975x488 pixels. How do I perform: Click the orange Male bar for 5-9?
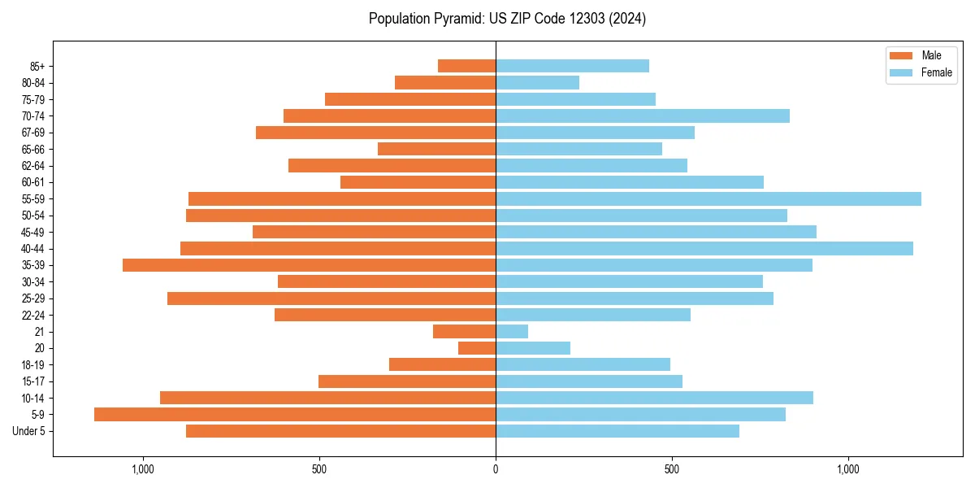(x=295, y=414)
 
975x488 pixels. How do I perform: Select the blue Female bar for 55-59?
(x=708, y=198)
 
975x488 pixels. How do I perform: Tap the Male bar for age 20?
(x=477, y=348)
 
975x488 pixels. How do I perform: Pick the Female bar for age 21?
(x=512, y=331)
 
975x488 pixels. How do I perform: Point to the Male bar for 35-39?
(x=309, y=265)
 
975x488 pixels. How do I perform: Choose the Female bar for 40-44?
(x=704, y=248)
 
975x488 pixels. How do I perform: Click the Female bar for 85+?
(x=572, y=66)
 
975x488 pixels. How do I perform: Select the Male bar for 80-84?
(x=445, y=82)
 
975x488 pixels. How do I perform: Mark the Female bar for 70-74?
(x=642, y=115)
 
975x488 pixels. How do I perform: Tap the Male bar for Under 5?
(x=340, y=431)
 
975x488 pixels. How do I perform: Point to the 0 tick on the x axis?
(x=496, y=469)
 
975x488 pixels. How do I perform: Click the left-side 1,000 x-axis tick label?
(x=143, y=469)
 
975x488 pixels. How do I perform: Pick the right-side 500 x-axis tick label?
(x=671, y=469)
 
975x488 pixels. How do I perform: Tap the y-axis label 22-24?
(x=33, y=315)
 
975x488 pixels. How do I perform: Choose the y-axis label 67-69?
(x=33, y=133)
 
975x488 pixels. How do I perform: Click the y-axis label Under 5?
(x=29, y=431)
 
